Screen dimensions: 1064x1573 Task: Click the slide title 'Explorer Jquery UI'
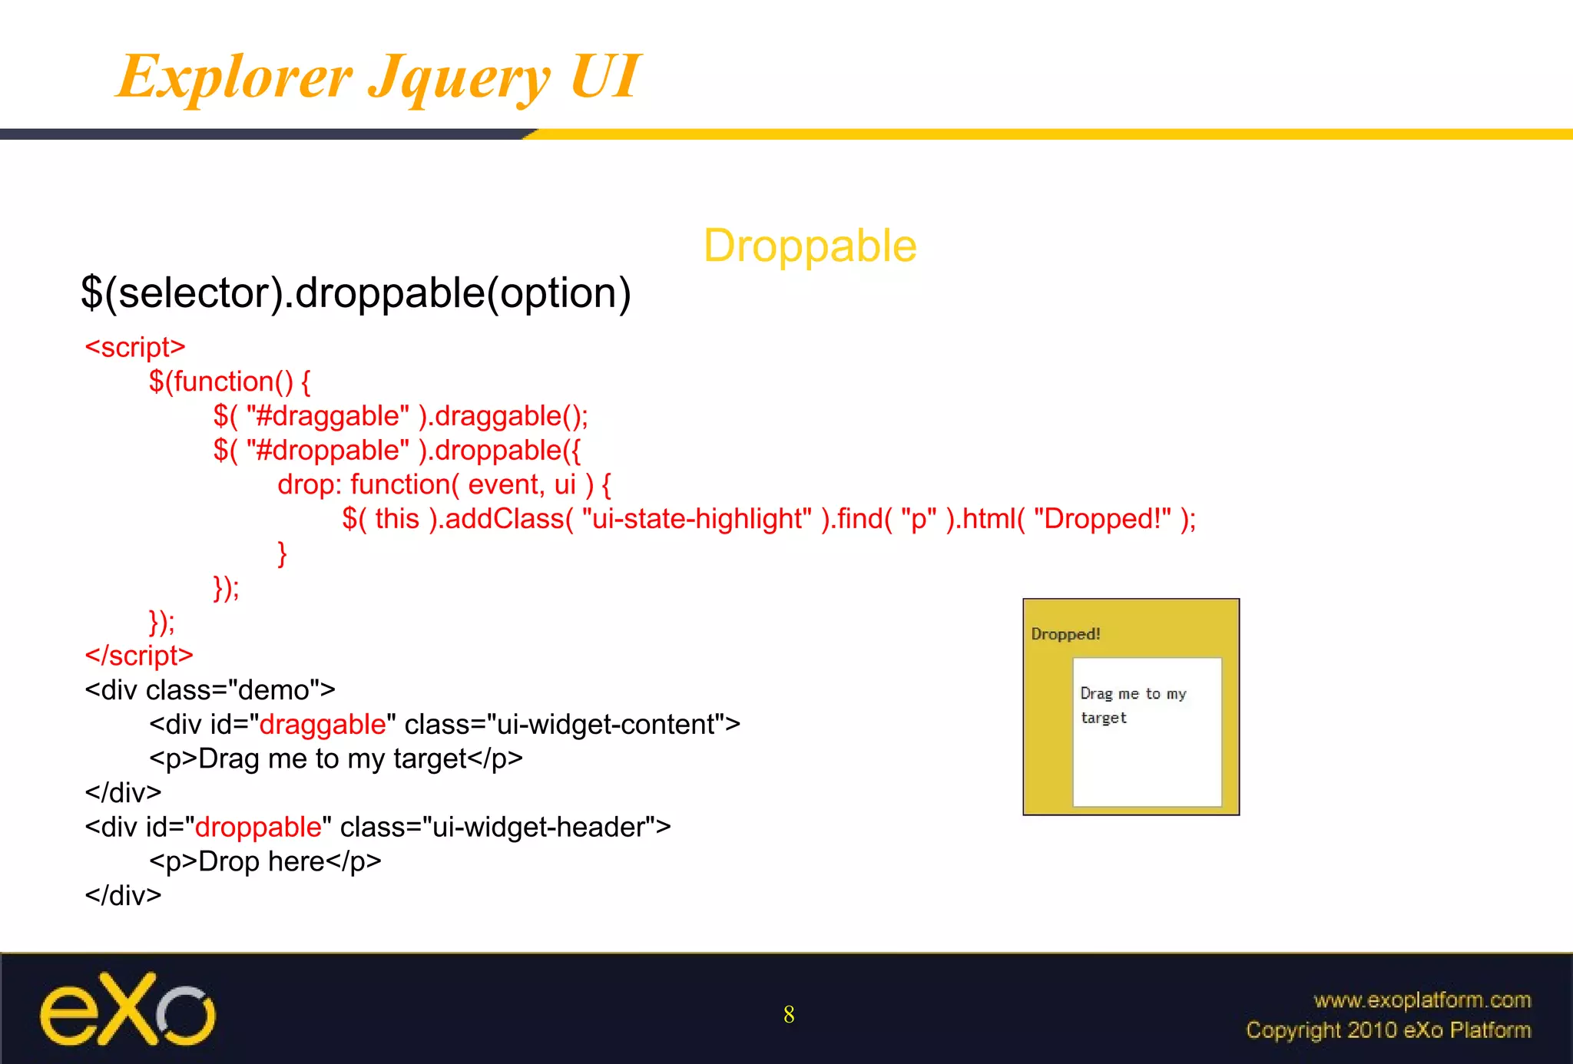tap(378, 77)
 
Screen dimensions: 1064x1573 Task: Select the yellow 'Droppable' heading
tap(810, 246)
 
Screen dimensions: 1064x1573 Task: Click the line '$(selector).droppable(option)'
tap(356, 293)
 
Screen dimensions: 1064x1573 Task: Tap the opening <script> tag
tap(135, 347)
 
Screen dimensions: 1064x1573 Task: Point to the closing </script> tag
tap(139, 656)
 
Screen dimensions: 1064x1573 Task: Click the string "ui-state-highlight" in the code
tap(697, 519)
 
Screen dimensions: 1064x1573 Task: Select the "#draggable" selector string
tap(328, 416)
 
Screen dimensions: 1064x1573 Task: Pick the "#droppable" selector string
tap(328, 451)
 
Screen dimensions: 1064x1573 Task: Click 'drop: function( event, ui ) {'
tap(444, 484)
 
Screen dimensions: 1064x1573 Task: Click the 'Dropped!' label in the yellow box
tap(1065, 634)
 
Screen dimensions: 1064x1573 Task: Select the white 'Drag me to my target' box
tap(1147, 732)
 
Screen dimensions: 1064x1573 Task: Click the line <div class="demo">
tap(210, 690)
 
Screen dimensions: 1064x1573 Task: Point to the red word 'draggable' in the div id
tap(323, 725)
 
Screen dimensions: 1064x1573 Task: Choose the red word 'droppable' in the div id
tap(258, 828)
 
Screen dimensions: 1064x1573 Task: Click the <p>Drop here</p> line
tap(265, 862)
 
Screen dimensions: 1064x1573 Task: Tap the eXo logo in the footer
tap(128, 1009)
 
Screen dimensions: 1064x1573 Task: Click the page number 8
tap(789, 1015)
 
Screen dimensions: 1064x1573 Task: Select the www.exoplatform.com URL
tap(1422, 1000)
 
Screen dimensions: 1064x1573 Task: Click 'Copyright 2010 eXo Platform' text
tap(1388, 1030)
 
